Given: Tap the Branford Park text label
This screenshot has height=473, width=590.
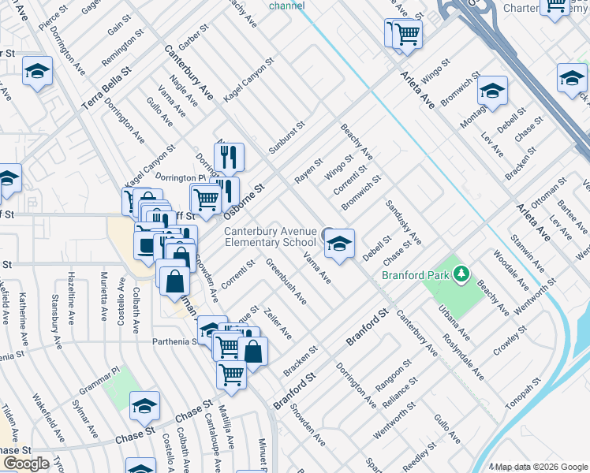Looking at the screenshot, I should point(416,275).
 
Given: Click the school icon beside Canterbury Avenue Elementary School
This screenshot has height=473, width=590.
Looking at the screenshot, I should point(339,244).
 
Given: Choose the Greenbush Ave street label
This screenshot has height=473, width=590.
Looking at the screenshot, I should point(286,282).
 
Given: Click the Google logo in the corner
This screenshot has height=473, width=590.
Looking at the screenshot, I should point(26,463).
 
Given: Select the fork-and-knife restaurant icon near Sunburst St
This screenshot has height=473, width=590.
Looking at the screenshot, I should point(229,157).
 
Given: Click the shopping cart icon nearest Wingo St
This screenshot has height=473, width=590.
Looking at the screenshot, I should point(407,33).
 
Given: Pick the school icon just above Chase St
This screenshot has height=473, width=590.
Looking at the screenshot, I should point(144,406).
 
